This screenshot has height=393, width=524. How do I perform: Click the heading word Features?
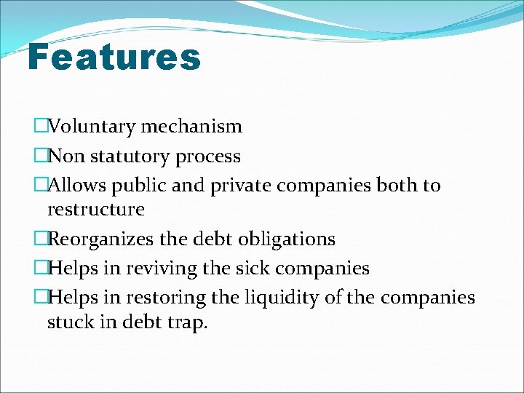(x=114, y=57)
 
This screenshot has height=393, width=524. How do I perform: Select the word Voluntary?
(x=92, y=127)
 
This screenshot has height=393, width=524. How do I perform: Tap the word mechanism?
(x=191, y=127)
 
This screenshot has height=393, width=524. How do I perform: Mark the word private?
(x=239, y=186)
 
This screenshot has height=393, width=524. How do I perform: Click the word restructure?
(x=95, y=210)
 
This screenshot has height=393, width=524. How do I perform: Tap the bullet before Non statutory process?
(x=40, y=156)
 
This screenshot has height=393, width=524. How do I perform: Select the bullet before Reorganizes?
(x=40, y=239)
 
